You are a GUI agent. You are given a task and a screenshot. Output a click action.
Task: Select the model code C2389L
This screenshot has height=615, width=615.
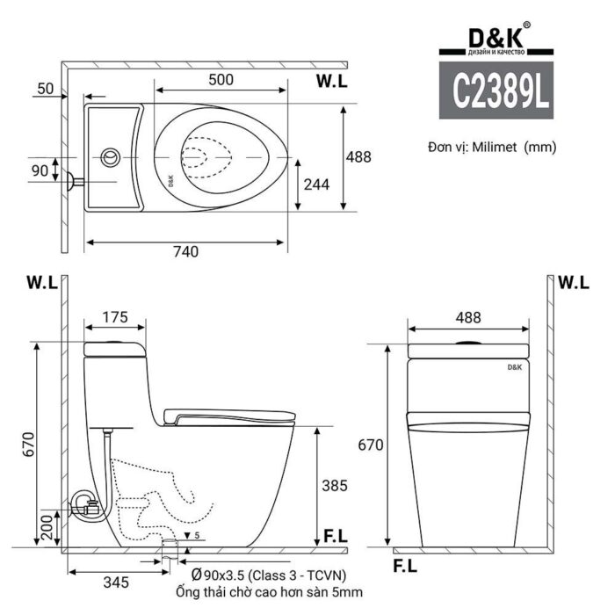(495, 90)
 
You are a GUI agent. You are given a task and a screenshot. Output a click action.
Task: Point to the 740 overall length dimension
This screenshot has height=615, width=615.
(184, 252)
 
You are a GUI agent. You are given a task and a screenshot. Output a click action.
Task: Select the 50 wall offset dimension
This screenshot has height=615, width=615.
(47, 89)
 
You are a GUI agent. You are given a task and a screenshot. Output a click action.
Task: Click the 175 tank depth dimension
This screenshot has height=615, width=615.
(115, 316)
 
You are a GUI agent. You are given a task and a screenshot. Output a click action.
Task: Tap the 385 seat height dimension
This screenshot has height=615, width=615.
(334, 485)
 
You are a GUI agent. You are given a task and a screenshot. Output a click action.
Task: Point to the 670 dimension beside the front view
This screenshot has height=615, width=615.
(370, 445)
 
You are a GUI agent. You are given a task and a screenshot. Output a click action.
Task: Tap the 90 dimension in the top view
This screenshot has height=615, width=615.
(39, 170)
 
